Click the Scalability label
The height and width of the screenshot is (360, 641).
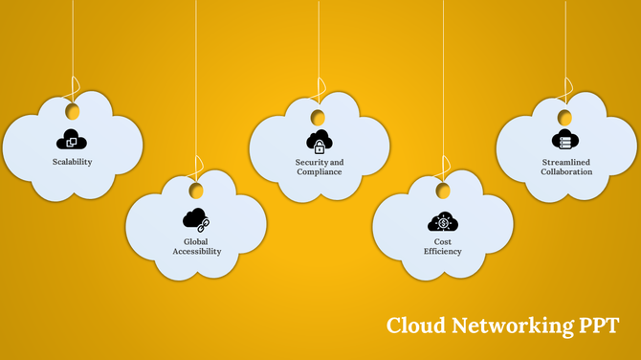tap(72, 162)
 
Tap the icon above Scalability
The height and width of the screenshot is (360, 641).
tap(72, 139)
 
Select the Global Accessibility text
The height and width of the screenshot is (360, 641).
tap(196, 246)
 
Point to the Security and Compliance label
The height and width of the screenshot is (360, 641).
tap(319, 167)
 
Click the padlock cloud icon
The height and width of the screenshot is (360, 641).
tap(319, 141)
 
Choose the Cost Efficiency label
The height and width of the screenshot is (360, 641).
tap(442, 246)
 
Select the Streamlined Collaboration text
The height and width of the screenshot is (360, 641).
tap(566, 167)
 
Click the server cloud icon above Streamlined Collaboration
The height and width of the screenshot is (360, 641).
tap(566, 140)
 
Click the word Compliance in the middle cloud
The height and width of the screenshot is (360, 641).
tap(320, 171)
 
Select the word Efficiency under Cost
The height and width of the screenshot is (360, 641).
tap(442, 252)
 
